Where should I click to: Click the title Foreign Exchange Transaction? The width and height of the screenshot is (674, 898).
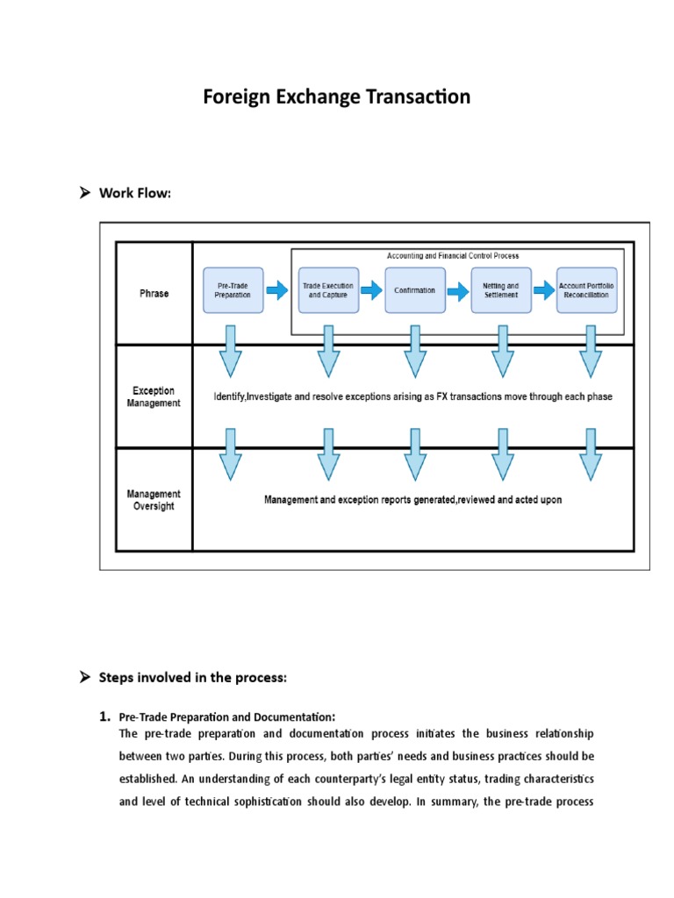tap(336, 96)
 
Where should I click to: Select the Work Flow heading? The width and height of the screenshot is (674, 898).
tap(134, 193)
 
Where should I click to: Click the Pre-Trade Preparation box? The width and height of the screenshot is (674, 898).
tap(233, 290)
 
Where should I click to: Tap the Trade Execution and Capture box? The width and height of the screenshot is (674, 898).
tap(328, 290)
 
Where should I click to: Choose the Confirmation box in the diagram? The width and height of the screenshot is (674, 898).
tap(414, 290)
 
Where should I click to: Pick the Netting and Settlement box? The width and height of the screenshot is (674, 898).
tap(500, 290)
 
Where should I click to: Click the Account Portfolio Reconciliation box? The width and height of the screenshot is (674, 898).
tap(587, 290)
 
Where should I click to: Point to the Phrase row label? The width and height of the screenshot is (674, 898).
tap(154, 294)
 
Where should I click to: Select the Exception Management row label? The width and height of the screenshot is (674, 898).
tap(154, 397)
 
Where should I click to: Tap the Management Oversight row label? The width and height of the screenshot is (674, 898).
tap(154, 500)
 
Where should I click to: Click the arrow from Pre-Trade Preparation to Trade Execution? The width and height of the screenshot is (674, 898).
tap(276, 289)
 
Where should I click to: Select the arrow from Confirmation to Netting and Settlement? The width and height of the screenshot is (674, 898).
tap(457, 290)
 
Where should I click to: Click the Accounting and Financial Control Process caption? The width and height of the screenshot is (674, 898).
tap(453, 256)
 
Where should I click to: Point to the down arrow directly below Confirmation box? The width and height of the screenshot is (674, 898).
tap(414, 351)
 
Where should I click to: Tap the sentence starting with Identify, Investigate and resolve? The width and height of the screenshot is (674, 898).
tap(412, 397)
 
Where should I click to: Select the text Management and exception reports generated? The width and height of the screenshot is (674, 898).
tap(412, 500)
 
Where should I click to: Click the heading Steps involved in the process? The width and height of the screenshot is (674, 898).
tap(192, 677)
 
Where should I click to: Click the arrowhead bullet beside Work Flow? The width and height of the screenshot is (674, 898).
tap(86, 193)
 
